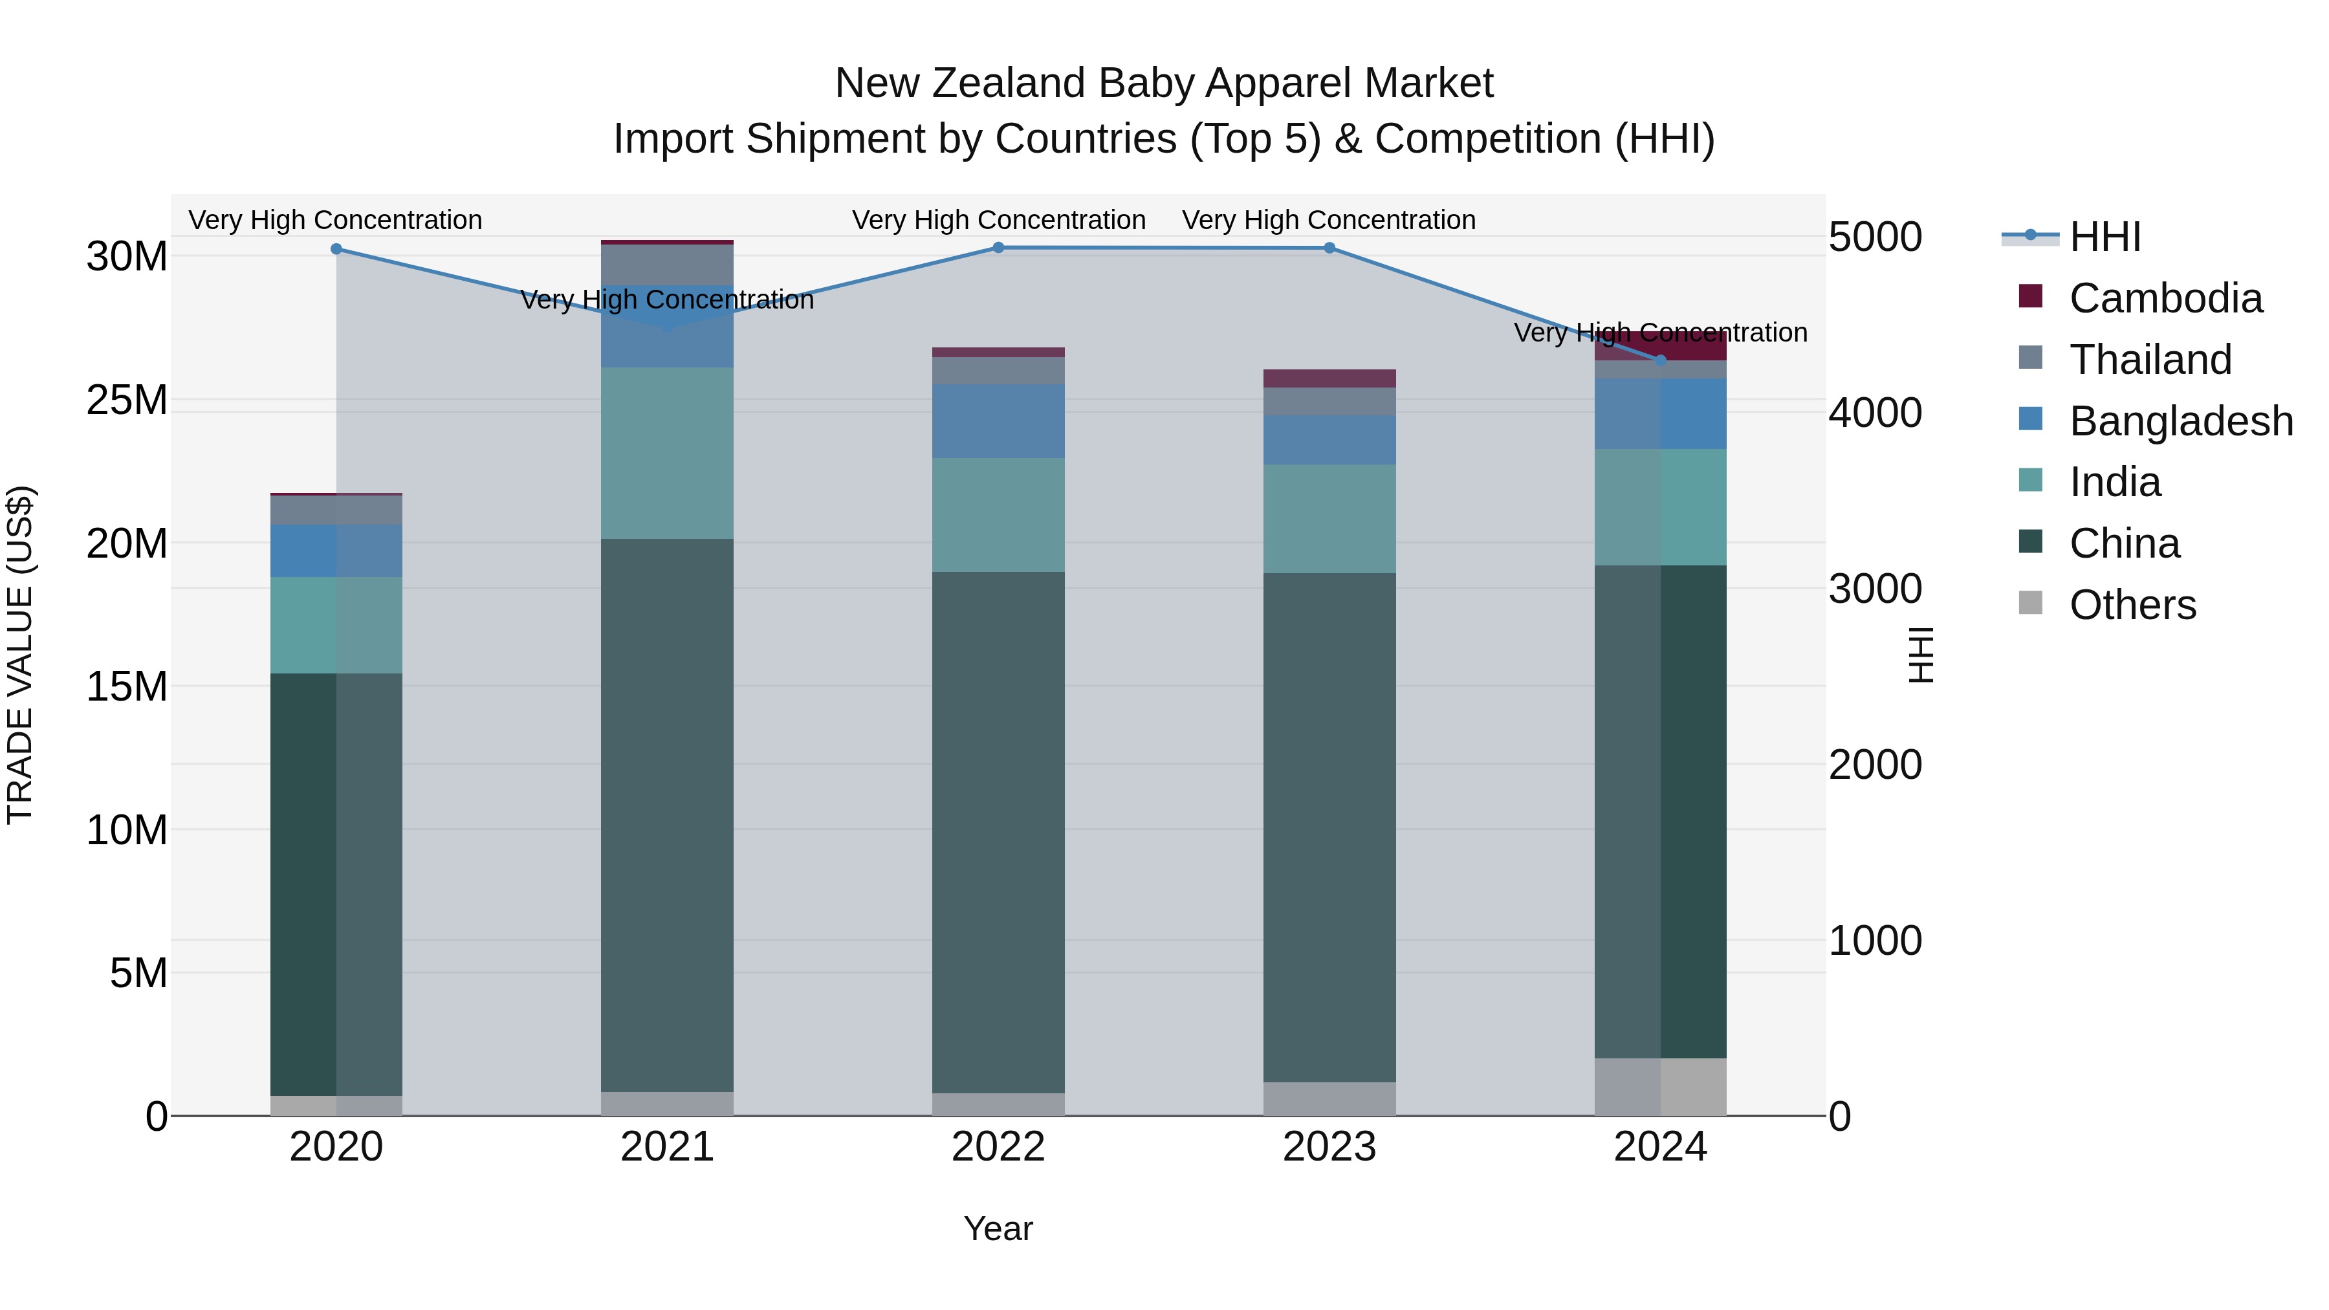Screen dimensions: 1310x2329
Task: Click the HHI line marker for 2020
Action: coord(336,248)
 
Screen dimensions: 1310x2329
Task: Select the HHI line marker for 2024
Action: coord(1660,360)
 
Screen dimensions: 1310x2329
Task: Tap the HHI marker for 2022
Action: coord(998,248)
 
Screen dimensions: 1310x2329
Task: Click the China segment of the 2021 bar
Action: coord(667,814)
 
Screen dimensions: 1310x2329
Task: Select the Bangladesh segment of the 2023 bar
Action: coord(1329,441)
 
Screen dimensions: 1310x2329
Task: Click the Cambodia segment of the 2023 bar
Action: coord(1329,378)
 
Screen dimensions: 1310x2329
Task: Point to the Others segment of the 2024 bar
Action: coord(1660,1087)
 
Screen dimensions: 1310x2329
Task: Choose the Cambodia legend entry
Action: coord(2165,298)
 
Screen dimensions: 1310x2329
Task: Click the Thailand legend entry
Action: coord(2150,360)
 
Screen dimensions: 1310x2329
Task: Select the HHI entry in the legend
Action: coord(2105,237)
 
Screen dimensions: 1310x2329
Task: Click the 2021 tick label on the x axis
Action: coord(667,1147)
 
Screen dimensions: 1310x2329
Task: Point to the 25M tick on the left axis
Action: coord(127,400)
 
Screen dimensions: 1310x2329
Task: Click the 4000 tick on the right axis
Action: coord(1875,413)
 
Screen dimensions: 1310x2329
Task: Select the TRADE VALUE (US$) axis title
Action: coord(20,655)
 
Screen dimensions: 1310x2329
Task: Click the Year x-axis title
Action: coord(998,1228)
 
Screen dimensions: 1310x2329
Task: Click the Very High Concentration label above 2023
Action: coord(1328,220)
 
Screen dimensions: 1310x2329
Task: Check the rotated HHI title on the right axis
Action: coord(1919,655)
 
